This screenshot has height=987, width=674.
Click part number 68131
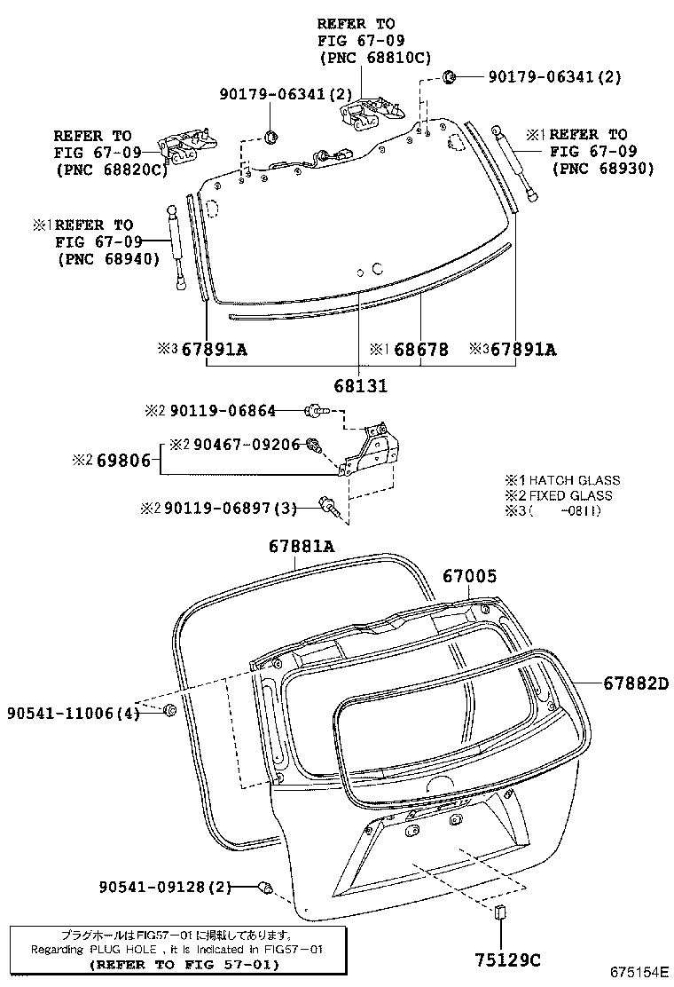(361, 386)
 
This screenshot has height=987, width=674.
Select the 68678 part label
(420, 350)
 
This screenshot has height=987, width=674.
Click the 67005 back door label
(469, 576)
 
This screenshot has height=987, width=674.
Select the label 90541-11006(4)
(74, 713)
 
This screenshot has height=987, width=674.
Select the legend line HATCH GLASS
(575, 480)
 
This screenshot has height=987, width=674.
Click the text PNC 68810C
(374, 58)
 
